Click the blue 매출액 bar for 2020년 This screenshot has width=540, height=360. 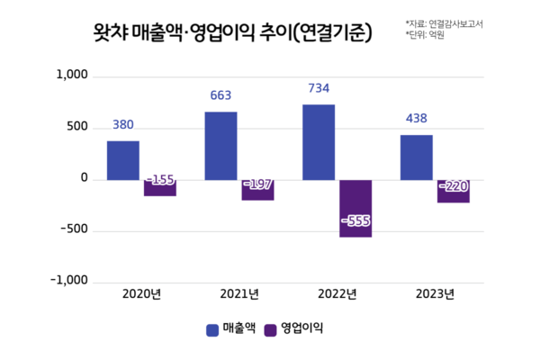(123, 160)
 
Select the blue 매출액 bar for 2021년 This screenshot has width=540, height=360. (220, 146)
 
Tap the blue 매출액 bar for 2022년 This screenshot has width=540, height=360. (318, 142)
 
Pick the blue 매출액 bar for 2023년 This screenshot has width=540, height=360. (416, 157)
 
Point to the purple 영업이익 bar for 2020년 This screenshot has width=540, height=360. (160, 187)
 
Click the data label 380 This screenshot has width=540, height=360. (123, 125)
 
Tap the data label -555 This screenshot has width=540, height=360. (355, 220)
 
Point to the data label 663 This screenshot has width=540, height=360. (220, 96)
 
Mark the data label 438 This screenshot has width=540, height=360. (416, 119)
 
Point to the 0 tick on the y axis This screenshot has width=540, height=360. (84, 179)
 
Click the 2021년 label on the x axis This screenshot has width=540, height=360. (239, 294)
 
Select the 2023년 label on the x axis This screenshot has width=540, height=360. (435, 294)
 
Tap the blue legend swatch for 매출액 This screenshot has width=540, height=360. (212, 329)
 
